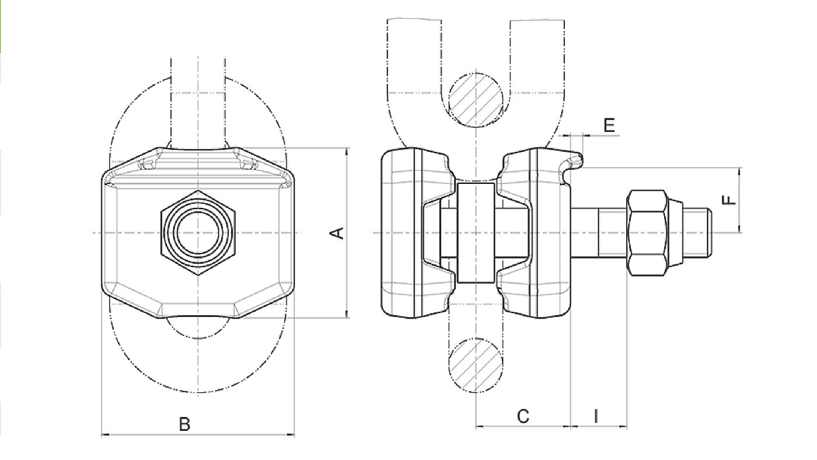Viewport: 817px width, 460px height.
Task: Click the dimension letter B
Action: pyautogui.click(x=184, y=424)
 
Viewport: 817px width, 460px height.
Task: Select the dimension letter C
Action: pyautogui.click(x=523, y=416)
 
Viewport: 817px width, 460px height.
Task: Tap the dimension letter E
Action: pyautogui.click(x=609, y=125)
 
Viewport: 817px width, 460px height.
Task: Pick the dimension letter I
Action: pyautogui.click(x=596, y=416)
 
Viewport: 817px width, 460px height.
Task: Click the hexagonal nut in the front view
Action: pyautogui.click(x=198, y=233)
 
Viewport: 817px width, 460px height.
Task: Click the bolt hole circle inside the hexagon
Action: pyautogui.click(x=198, y=233)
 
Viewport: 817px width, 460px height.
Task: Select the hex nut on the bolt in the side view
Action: pyautogui.click(x=647, y=233)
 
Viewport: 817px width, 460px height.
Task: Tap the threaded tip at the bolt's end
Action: pyautogui.click(x=697, y=233)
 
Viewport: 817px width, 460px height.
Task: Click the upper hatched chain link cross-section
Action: pyautogui.click(x=476, y=100)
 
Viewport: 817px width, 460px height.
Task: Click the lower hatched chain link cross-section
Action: pyautogui.click(x=476, y=365)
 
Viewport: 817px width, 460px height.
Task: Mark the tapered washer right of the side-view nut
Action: pyautogui.click(x=676, y=233)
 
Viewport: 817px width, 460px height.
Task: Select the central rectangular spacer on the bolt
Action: pyautogui.click(x=476, y=233)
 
